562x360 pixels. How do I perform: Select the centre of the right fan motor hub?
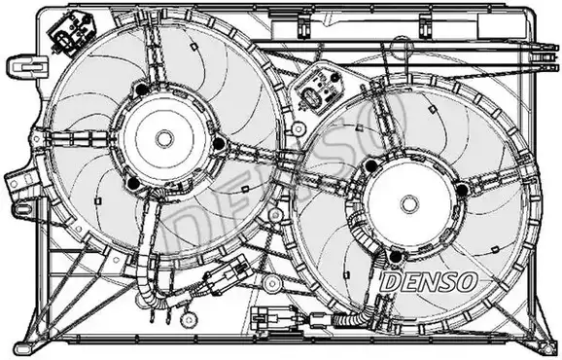pyautogui.click(x=409, y=201)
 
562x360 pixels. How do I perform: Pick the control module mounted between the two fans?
pyautogui.click(x=323, y=92)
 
